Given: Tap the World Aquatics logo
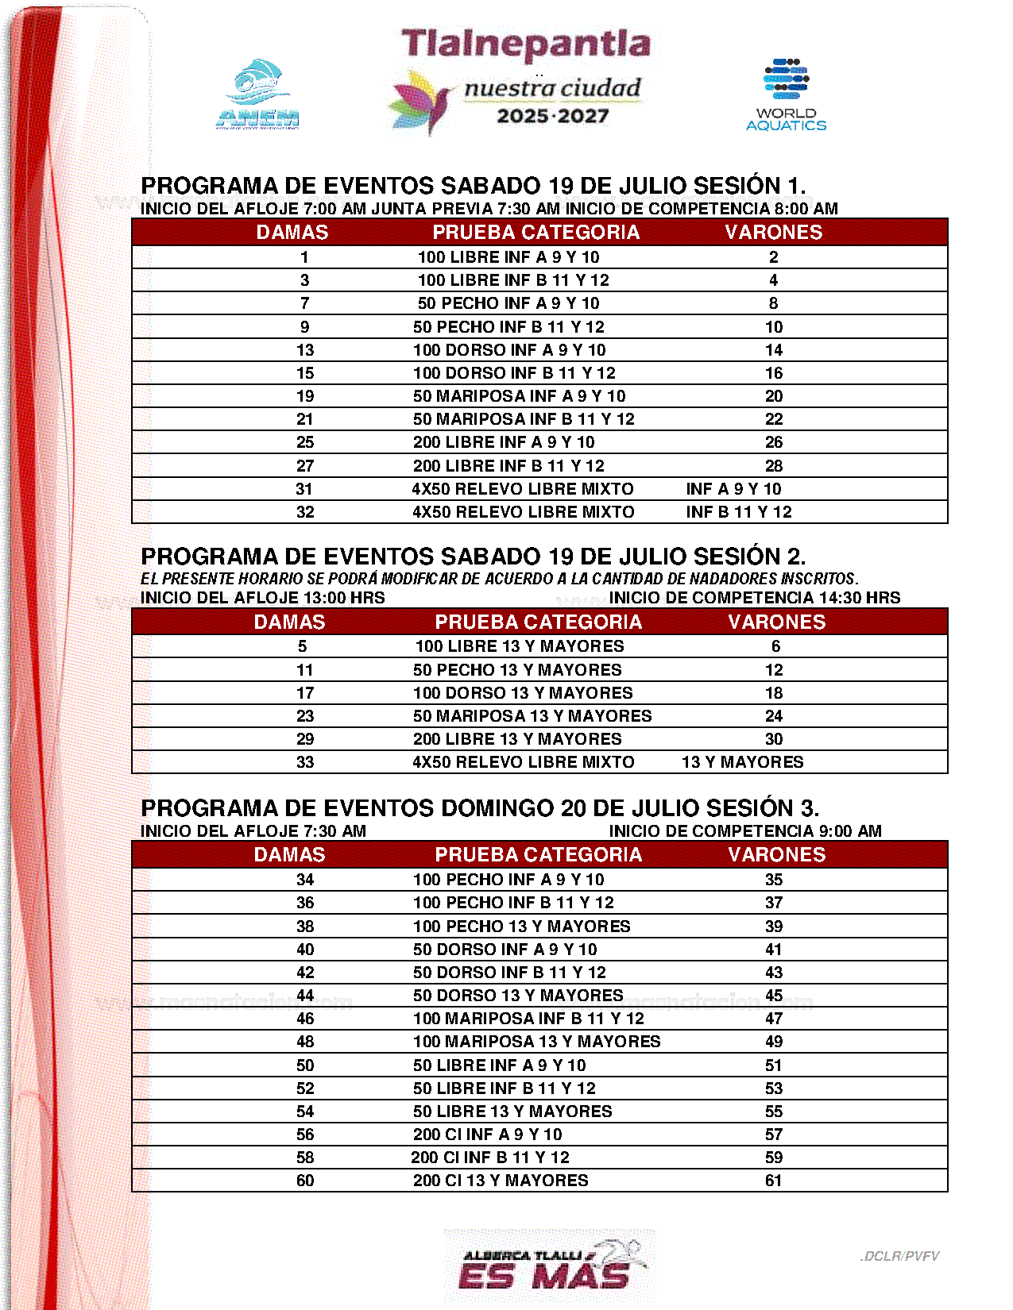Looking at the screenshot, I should (x=786, y=94).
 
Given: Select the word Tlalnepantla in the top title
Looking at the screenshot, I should (x=525, y=44).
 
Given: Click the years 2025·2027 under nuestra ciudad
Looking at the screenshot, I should (x=553, y=116).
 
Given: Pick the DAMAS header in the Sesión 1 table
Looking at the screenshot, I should (x=292, y=232).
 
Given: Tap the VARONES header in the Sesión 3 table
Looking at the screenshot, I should (x=776, y=854).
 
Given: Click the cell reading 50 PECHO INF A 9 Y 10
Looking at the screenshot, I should (x=508, y=303).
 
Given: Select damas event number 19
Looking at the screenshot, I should (x=305, y=396).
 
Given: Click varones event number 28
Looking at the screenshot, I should (x=774, y=466).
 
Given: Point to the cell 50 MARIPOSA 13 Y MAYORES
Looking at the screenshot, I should (x=532, y=716).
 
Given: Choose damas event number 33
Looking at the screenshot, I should (x=305, y=762).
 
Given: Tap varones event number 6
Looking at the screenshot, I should (x=775, y=646).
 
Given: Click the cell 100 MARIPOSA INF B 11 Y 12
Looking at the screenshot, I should (x=528, y=1019).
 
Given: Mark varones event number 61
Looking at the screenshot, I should (x=774, y=1181).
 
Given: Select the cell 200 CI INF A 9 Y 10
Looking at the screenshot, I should (x=487, y=1135).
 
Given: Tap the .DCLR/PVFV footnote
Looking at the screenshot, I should (x=899, y=1256).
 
